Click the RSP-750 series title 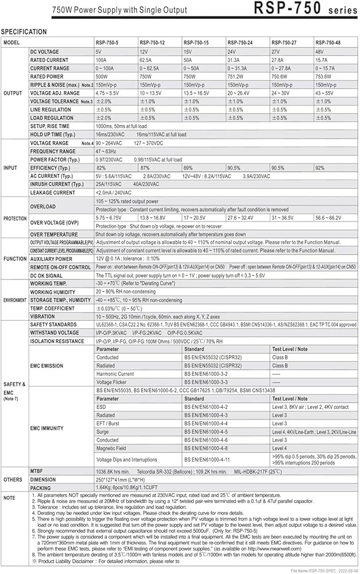tap(304, 10)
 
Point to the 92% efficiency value tap(320, 168)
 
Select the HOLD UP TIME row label tap(54, 134)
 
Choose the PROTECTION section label tap(15, 219)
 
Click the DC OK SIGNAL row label tap(49, 276)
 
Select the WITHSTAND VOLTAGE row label tap(55, 333)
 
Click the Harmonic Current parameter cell tap(116, 373)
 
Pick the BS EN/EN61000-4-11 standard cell tap(211, 459)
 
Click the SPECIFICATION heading tap(24, 32)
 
